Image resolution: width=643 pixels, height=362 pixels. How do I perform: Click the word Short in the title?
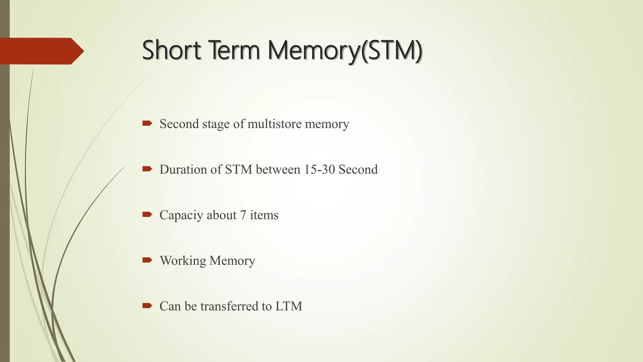pos(171,50)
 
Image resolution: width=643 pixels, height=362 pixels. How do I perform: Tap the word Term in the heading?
pos(234,50)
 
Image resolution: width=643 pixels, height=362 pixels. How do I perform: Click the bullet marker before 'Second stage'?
pos(147,123)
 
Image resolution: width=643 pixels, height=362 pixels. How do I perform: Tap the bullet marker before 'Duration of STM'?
pos(147,169)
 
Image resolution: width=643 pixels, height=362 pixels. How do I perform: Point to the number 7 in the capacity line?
pos(243,215)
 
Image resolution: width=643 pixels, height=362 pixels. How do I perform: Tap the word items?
pos(264,215)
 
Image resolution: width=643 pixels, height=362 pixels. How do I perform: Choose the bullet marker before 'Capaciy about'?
pos(147,215)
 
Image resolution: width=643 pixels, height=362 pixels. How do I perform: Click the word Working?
pos(183,261)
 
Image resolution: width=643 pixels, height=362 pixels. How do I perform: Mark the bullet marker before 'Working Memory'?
pos(147,260)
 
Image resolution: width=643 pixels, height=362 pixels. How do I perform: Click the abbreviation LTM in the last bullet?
pos(289,306)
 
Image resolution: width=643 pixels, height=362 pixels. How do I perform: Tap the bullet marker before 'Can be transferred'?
pos(147,305)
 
